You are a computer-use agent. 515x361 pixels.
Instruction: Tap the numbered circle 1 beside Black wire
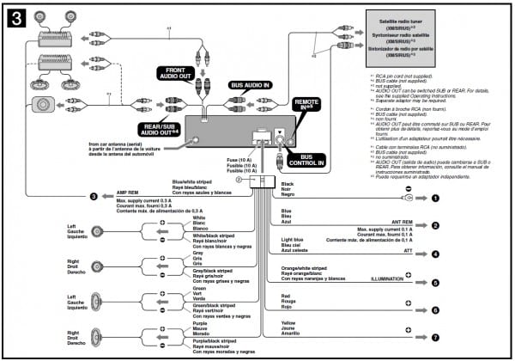pyautogui.click(x=435, y=197)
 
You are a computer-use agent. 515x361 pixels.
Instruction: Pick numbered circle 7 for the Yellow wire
pyautogui.click(x=435, y=338)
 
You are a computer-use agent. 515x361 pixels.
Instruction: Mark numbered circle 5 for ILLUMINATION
pyautogui.click(x=435, y=282)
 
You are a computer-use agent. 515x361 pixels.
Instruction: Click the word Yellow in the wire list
pyautogui.click(x=288, y=322)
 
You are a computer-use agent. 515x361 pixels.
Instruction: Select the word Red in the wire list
pyautogui.click(x=285, y=294)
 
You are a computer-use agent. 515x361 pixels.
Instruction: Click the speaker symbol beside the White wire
pyautogui.click(x=98, y=230)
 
